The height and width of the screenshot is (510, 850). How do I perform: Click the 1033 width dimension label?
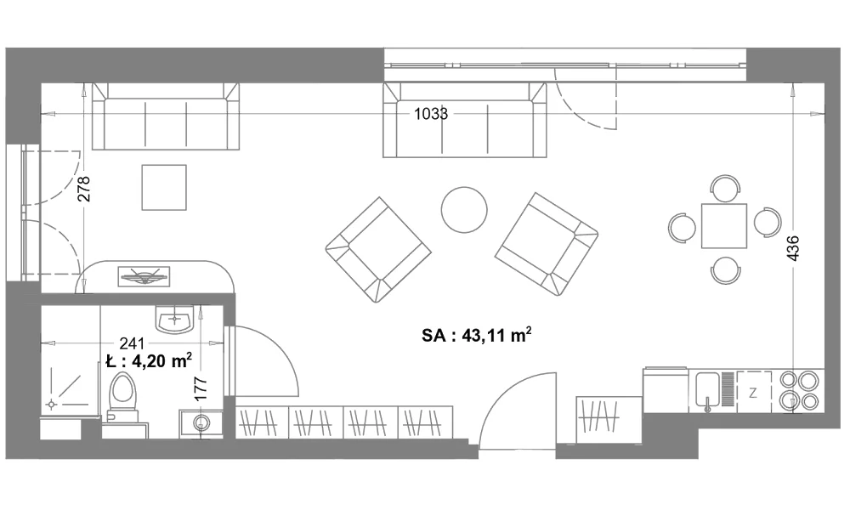(x=431, y=114)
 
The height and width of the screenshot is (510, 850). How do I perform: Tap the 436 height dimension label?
(x=792, y=248)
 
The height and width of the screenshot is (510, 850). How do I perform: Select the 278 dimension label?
(x=84, y=189)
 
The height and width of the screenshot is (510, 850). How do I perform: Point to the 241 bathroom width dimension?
(x=132, y=343)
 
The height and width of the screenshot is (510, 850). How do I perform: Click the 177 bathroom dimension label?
(x=201, y=388)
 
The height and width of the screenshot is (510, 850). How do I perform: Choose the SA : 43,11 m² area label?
(x=477, y=336)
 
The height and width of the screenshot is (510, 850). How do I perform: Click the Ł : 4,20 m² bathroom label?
(x=149, y=361)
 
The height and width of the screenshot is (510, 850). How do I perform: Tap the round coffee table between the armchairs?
(x=464, y=210)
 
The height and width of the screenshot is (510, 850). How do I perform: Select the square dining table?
(x=723, y=225)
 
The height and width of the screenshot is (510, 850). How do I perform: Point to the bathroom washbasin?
(x=174, y=319)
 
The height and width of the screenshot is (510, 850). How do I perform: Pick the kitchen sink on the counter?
(x=707, y=389)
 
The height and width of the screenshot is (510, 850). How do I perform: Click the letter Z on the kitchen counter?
(x=753, y=393)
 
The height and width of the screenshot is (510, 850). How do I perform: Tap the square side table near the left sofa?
(x=164, y=188)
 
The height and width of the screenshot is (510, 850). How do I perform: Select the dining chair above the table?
(x=725, y=188)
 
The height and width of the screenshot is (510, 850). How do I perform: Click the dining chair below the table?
(x=725, y=270)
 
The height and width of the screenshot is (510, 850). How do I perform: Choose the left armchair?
(x=378, y=250)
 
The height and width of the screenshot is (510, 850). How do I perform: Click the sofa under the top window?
(x=465, y=120)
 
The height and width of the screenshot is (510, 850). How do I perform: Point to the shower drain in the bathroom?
(x=52, y=405)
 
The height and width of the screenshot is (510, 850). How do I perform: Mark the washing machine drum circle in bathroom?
(x=202, y=422)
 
